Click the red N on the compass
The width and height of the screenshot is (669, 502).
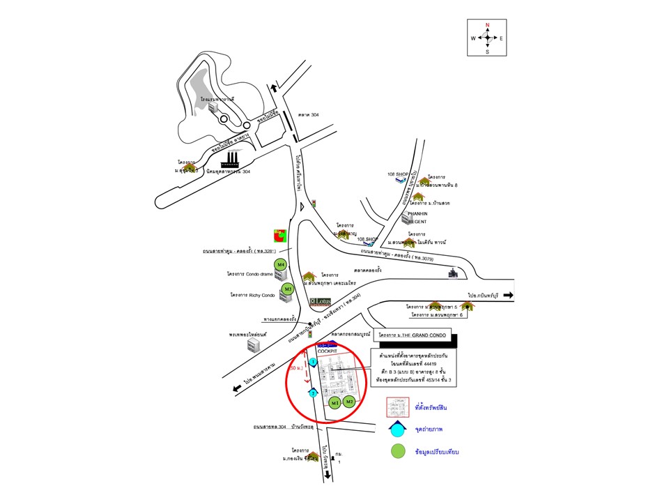(487, 26)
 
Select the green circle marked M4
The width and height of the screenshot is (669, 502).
(281, 266)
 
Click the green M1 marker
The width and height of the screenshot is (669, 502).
(335, 403)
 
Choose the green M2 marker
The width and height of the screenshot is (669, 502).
(351, 402)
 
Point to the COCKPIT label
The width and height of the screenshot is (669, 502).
(327, 351)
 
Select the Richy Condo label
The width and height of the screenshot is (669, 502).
(248, 295)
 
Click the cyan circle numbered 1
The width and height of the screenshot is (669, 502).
(314, 362)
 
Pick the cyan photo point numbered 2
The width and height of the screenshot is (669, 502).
(314, 394)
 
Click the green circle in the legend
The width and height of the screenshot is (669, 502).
(397, 451)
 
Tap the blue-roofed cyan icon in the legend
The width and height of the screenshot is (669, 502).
(397, 428)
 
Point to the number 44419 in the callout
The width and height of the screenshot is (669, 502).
(424, 364)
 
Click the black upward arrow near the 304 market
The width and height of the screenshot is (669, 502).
(275, 87)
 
